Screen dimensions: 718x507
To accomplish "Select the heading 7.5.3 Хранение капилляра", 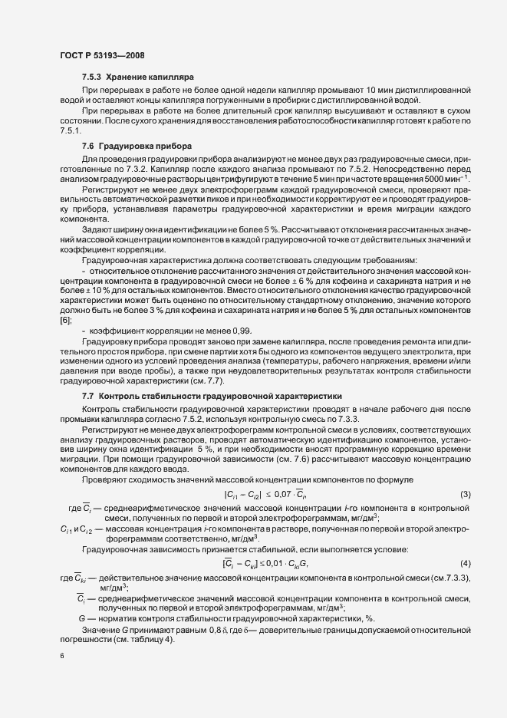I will (138, 78).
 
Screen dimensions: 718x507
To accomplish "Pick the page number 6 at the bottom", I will (61, 657).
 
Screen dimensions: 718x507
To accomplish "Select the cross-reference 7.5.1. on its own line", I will (70, 130).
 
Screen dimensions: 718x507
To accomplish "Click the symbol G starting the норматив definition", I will (82, 618).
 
